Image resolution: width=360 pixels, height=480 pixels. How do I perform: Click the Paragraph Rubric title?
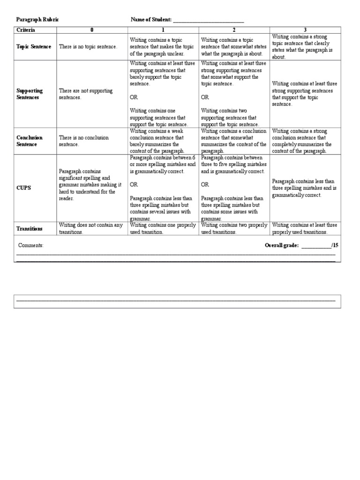click(37, 20)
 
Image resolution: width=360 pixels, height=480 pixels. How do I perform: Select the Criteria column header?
click(26, 30)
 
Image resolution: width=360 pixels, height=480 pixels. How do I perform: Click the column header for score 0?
click(92, 30)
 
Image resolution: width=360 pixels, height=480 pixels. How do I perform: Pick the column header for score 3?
click(305, 30)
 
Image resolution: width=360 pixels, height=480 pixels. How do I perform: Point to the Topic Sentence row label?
click(34, 47)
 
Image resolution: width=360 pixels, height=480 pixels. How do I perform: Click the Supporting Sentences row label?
click(30, 94)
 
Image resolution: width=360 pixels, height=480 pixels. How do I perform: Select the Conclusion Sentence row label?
click(30, 141)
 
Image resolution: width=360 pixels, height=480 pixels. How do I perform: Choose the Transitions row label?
click(30, 229)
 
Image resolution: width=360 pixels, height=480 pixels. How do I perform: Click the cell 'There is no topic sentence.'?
click(88, 47)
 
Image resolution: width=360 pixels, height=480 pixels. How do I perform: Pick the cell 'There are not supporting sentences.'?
click(86, 94)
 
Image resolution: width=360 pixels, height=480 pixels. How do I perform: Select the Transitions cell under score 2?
click(234, 229)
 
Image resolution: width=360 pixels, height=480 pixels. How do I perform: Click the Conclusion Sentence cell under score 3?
click(305, 141)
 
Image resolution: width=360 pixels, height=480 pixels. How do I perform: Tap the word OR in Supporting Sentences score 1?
click(134, 97)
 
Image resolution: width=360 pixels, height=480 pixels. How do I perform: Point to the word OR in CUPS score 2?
click(205, 185)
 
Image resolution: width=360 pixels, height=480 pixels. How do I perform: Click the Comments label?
click(31, 246)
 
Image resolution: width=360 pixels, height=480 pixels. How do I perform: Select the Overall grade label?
click(281, 246)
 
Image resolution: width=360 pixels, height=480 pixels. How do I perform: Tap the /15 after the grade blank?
click(335, 246)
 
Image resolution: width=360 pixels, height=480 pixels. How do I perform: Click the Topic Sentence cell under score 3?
click(305, 47)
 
